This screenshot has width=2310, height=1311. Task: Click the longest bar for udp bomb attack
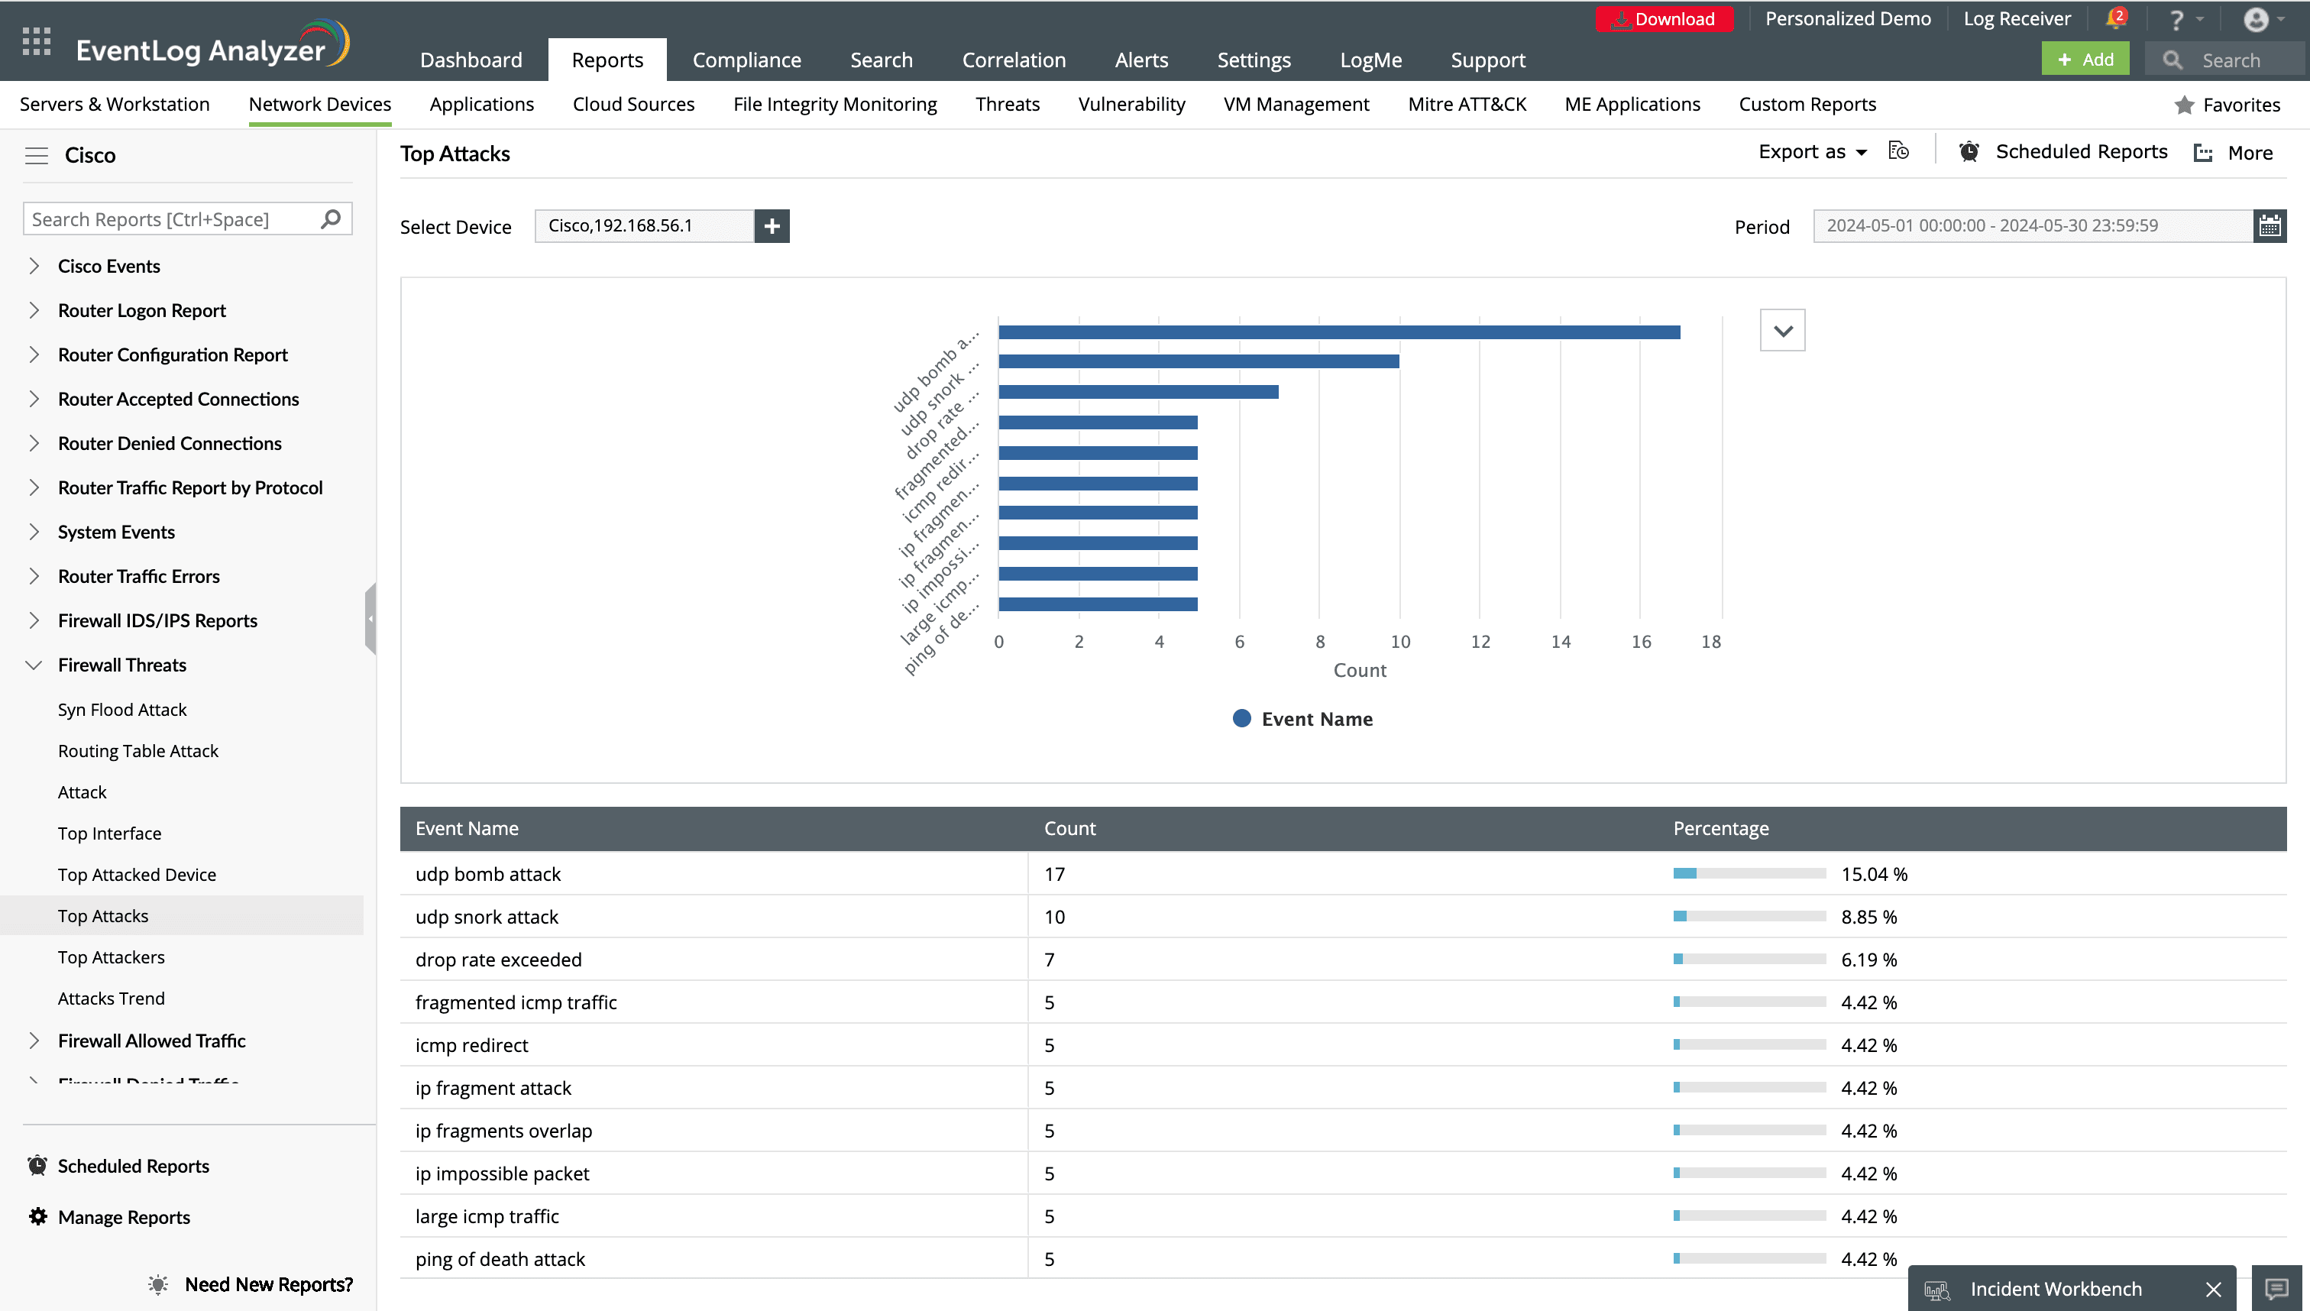click(1338, 332)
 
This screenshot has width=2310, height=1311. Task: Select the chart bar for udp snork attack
click(1199, 361)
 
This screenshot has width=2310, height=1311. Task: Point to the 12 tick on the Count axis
click(1480, 641)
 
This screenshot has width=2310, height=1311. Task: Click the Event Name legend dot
click(1241, 717)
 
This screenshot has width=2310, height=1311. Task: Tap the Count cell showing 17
click(1054, 873)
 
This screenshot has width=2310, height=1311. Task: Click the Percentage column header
click(1720, 828)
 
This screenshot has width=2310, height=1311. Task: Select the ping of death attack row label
click(500, 1259)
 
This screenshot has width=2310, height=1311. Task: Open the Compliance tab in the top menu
click(746, 60)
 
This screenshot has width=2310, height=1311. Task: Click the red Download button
click(1664, 19)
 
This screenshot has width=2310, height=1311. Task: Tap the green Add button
click(2084, 60)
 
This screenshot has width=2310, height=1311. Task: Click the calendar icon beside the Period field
click(2270, 226)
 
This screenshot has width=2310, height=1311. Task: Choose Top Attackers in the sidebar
click(111, 957)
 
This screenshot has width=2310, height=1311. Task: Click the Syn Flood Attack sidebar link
click(121, 710)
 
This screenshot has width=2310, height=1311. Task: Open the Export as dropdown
click(1812, 152)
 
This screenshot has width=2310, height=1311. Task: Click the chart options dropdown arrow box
click(1782, 331)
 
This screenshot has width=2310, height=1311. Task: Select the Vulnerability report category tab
click(1131, 105)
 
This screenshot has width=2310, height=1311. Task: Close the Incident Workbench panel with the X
click(2214, 1290)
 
